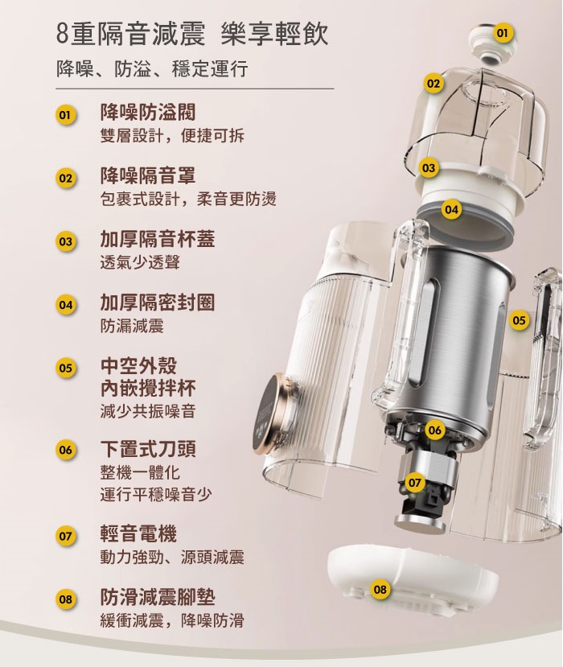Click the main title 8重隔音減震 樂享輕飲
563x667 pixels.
pyautogui.click(x=193, y=35)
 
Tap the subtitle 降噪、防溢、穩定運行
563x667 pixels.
pyautogui.click(x=152, y=69)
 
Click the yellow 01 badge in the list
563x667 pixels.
pyautogui.click(x=65, y=115)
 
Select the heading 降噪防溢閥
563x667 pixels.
pyautogui.click(x=147, y=113)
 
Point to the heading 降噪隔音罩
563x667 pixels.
pyautogui.click(x=147, y=175)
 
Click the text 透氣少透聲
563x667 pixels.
pyautogui.click(x=140, y=262)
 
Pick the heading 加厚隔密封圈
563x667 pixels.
pyautogui.click(x=158, y=303)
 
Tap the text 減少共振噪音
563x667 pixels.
pyautogui.click(x=147, y=411)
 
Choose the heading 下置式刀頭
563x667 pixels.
pyautogui.click(x=147, y=449)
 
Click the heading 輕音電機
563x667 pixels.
pyautogui.click(x=138, y=534)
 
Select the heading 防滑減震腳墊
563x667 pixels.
pyautogui.click(x=158, y=597)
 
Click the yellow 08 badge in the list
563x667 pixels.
pyautogui.click(x=65, y=599)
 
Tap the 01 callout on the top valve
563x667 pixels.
pyautogui.click(x=502, y=33)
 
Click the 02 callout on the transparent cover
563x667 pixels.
pyautogui.click(x=433, y=84)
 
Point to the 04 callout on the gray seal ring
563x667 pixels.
pyautogui.click(x=451, y=209)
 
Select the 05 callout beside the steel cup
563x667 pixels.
pyautogui.click(x=519, y=320)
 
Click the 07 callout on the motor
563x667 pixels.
pyautogui.click(x=414, y=483)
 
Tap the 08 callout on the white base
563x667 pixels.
pyautogui.click(x=380, y=589)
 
